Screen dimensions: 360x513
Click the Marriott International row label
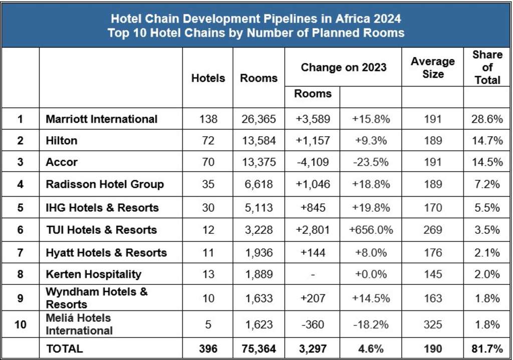point(101,119)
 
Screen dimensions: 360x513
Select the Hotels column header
point(208,78)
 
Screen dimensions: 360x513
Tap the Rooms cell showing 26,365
point(258,119)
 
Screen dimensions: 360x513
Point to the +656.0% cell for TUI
point(371,230)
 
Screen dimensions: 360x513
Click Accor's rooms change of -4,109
point(313,162)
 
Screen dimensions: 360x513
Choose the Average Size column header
point(432,68)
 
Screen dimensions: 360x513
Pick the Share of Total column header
point(487,68)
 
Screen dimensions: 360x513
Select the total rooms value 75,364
point(258,348)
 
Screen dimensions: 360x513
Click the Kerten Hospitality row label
point(93,274)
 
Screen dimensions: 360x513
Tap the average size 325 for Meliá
point(432,324)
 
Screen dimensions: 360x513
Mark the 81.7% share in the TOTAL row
point(487,348)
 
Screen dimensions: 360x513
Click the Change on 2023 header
point(343,68)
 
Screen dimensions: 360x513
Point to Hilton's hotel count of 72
point(208,141)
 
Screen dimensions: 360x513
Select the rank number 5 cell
point(20,208)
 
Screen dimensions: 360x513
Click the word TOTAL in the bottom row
point(64,348)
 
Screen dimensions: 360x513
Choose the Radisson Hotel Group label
point(105,184)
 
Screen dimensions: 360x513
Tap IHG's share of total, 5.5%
point(487,208)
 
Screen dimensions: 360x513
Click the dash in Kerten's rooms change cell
point(313,274)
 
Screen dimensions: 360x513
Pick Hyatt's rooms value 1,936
point(258,252)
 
